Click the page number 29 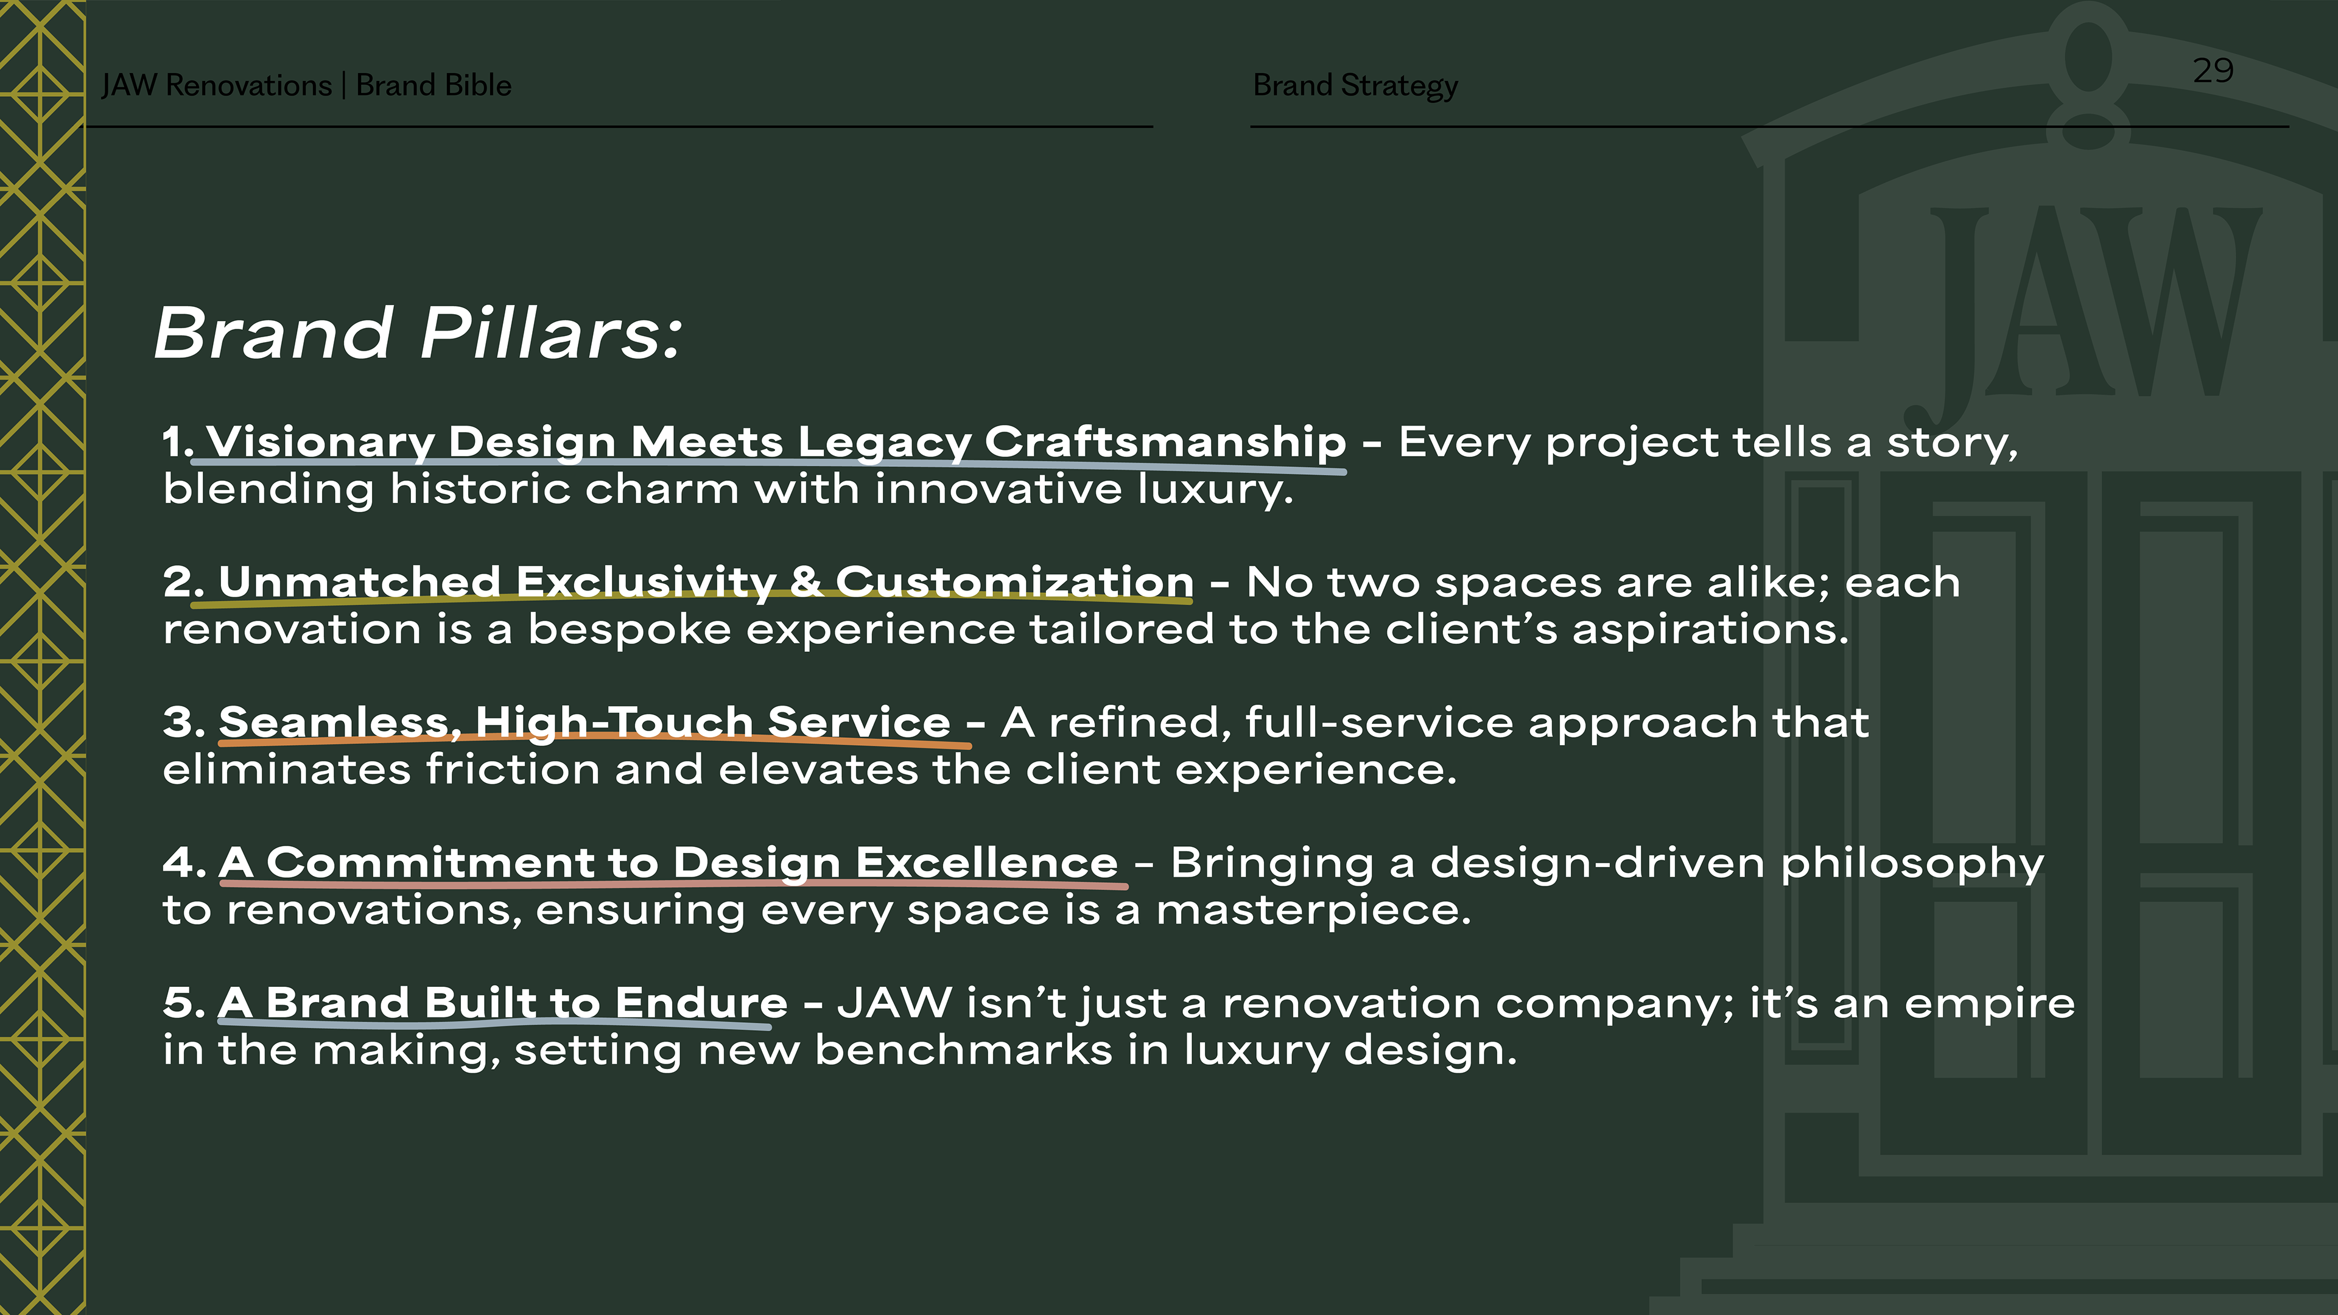(x=2213, y=70)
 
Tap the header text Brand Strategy (x=1355, y=85)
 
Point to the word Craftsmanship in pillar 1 (x=1165, y=443)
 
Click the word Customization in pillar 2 (x=1014, y=582)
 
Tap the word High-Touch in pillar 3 (x=614, y=723)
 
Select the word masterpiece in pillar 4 (x=1313, y=910)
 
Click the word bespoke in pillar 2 (x=630, y=630)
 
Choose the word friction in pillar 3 (x=513, y=770)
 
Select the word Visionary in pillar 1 (x=320, y=443)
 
